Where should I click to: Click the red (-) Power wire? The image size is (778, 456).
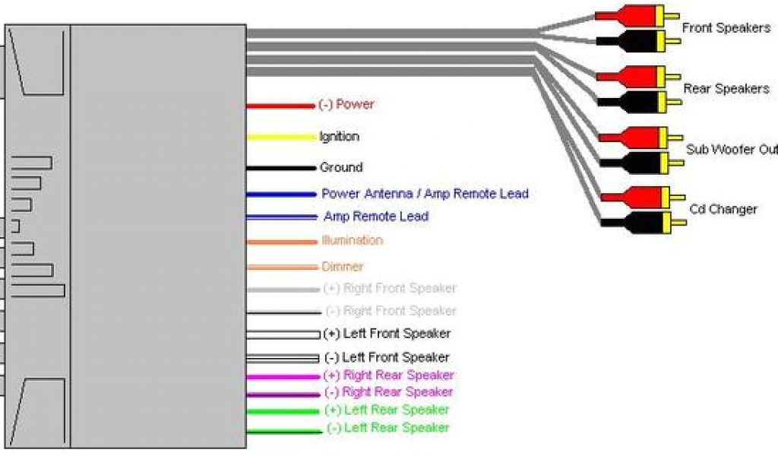coord(280,106)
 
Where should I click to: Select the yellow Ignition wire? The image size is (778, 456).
coord(280,138)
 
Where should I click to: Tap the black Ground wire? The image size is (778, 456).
coord(280,167)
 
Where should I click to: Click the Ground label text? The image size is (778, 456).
coord(341,167)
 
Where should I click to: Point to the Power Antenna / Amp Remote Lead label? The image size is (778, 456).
coord(425,194)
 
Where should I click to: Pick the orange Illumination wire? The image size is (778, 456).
coord(280,242)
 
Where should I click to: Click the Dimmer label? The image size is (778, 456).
coord(343,267)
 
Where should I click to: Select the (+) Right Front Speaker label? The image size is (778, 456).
coord(390,288)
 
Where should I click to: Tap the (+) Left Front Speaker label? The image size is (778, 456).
coord(387,334)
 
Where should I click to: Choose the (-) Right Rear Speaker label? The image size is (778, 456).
coord(389,392)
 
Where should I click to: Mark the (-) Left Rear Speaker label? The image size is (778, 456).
coord(387,428)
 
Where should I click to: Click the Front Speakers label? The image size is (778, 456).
coord(725,28)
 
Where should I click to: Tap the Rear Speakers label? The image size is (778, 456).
coord(726,89)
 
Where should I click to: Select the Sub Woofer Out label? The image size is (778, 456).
coord(731,150)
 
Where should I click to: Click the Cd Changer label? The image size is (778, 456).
coord(723,209)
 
